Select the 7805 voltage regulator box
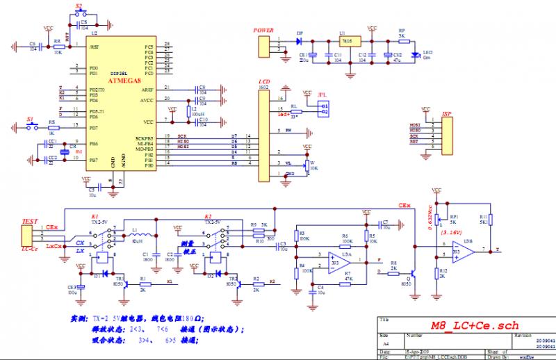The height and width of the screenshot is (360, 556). tap(345, 42)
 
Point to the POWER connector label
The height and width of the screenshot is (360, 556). tap(263, 31)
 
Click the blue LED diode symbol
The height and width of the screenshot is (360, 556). tap(416, 54)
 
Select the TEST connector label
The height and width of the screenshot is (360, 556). tap(30, 221)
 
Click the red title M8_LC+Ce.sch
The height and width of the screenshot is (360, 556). tap(474, 325)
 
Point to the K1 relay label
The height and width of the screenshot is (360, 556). tap(95, 216)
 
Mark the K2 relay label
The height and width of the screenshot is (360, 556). tap(208, 216)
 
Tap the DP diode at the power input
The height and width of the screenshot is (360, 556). tap(300, 41)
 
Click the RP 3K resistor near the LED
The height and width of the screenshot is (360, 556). tap(401, 40)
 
